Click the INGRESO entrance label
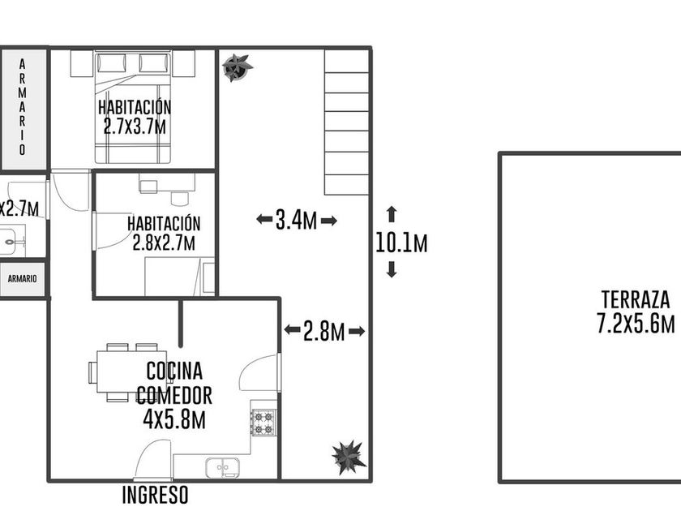(155, 495)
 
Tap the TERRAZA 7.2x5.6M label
(636, 312)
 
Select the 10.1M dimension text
(401, 243)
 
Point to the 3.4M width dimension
(297, 220)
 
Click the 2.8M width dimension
(324, 331)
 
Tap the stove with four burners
(263, 423)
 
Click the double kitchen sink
(223, 467)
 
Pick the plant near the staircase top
(237, 67)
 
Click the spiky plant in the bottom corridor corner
(349, 457)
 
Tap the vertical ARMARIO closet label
(22, 107)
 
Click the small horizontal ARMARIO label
(22, 278)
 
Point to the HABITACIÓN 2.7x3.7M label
(135, 118)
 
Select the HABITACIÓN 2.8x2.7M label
(164, 234)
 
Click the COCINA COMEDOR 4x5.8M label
(174, 395)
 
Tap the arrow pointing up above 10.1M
(392, 214)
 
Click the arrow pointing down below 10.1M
(392, 269)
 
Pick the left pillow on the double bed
(112, 63)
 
